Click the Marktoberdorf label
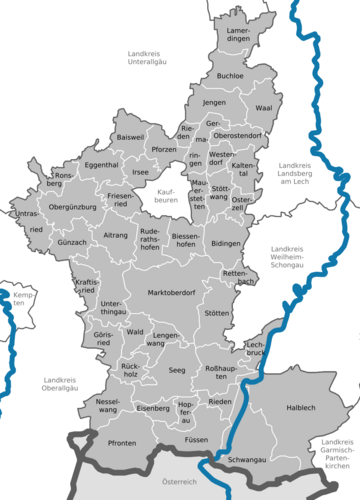[170, 293]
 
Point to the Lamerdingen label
[239, 36]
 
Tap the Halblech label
[300, 407]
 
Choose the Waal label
[263, 107]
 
